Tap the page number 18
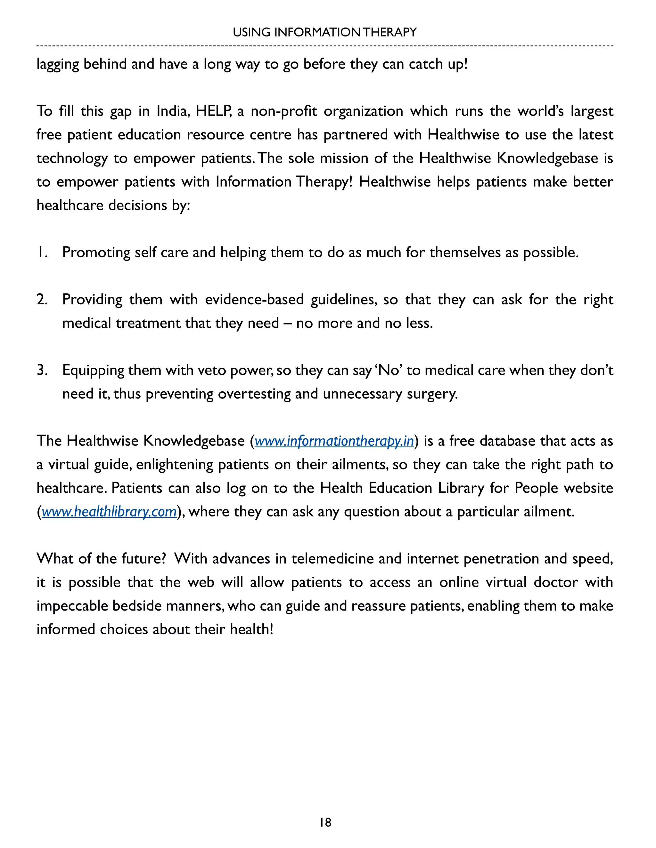point(325,822)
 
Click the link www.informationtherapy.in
point(334,441)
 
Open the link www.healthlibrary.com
point(109,512)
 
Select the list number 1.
point(42,252)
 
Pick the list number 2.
point(42,300)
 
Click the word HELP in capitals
point(213,111)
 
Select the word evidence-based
point(254,300)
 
